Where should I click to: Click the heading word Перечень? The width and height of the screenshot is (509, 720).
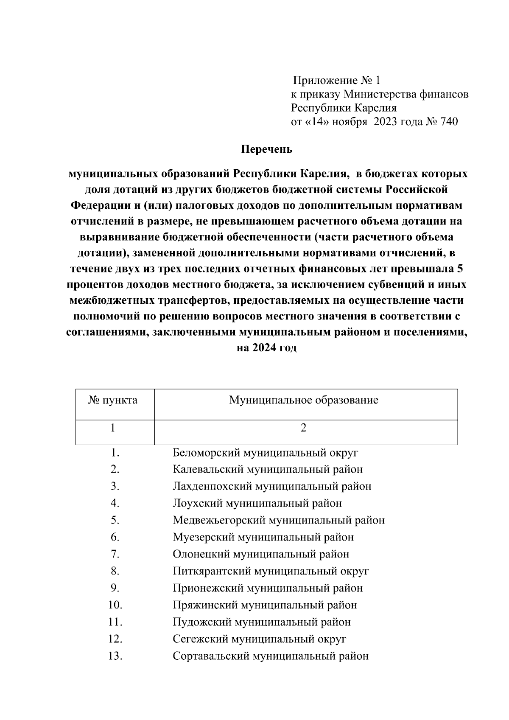tap(267, 149)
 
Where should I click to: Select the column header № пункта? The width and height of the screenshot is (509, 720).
tap(113, 400)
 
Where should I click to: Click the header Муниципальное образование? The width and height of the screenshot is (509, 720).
tap(303, 400)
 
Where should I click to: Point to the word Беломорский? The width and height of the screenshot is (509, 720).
tap(207, 453)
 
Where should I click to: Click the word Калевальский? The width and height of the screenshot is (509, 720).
tap(208, 470)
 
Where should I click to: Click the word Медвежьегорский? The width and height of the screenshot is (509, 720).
tap(219, 521)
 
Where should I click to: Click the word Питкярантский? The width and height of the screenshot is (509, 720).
tap(211, 572)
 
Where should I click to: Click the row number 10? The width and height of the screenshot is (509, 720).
tap(115, 605)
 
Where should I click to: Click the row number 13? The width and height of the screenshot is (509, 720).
tap(115, 656)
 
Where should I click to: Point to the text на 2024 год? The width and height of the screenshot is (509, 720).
tap(266, 348)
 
